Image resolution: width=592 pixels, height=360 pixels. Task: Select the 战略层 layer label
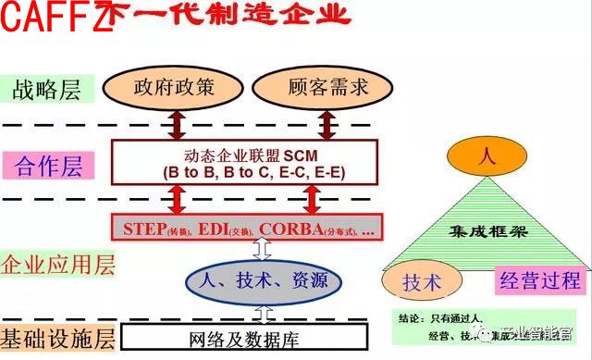click(x=46, y=90)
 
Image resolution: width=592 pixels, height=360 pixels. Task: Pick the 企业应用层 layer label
click(x=58, y=267)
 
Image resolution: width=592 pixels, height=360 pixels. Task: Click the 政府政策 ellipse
click(x=173, y=88)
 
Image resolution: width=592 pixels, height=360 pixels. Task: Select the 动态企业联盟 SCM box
click(x=244, y=161)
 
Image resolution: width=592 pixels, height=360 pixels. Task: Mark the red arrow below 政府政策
click(x=174, y=123)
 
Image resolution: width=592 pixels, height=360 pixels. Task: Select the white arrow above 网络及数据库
click(x=265, y=311)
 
